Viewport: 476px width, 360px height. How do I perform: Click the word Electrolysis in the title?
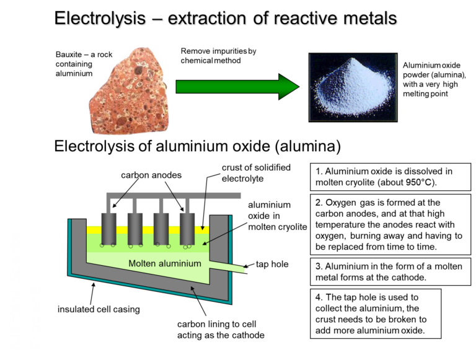coord(100,19)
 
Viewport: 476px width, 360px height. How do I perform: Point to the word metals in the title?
coord(369,19)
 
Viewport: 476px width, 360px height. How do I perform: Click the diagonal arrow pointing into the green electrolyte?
coord(217,239)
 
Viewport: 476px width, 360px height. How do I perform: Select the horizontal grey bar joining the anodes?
coord(173,196)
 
